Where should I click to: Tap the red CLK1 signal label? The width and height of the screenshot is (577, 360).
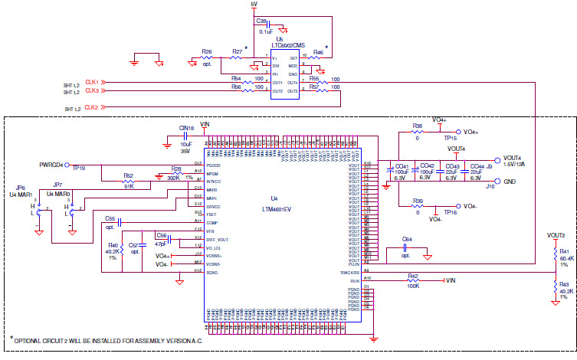coord(91,81)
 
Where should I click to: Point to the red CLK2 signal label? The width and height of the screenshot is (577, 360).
coord(91,108)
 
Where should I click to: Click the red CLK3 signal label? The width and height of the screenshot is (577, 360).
coord(91,91)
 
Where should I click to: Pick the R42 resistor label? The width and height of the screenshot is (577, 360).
coord(412,276)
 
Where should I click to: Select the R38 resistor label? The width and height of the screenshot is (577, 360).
coord(418,126)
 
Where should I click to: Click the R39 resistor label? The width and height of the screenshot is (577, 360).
coord(418,201)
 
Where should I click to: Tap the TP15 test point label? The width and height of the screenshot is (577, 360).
coord(450,139)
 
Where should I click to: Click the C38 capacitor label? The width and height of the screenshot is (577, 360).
coord(261,21)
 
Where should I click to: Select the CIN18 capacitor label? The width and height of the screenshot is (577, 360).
coord(186,129)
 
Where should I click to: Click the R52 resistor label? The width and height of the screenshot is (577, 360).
coord(129,176)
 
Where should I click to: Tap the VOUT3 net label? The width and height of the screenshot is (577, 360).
coord(556,235)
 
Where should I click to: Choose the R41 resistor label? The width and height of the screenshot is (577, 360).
coord(564,252)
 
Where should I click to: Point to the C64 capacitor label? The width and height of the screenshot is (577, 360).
coord(407,240)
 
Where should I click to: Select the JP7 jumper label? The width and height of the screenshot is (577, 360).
coord(57,185)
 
